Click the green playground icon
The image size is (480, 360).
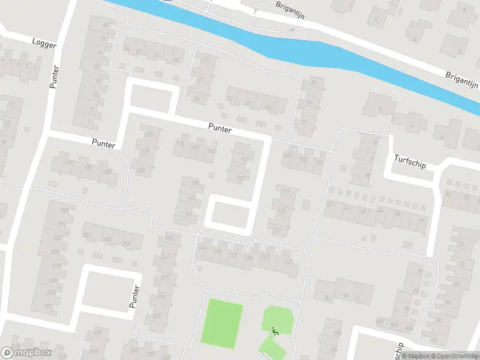[x=275, y=329]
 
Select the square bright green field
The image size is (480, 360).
[x=225, y=323]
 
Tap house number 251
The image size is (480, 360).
[x=88, y=235]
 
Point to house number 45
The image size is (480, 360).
[x=106, y=25]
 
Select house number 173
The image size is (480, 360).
[x=179, y=145]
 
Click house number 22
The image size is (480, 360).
[x=330, y=205]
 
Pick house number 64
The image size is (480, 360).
[x=422, y=220]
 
